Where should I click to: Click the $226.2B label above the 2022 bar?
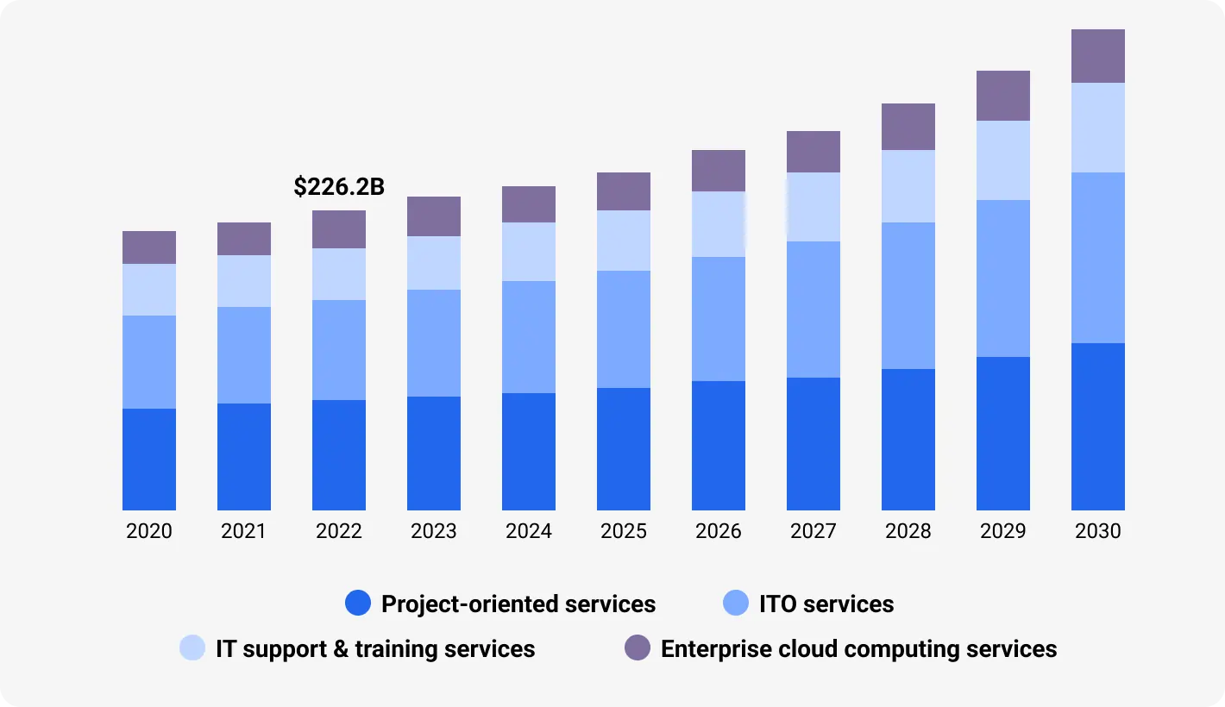coord(339,187)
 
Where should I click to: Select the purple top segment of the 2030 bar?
coord(1098,56)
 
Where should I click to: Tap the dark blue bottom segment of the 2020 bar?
coord(149,460)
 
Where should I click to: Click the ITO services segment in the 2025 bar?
coord(624,329)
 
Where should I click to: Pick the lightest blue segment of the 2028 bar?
coord(908,186)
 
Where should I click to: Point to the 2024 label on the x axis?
coord(529,531)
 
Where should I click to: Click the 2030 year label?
coord(1098,531)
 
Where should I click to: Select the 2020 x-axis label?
coord(149,531)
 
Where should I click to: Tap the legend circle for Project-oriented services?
coord(358,604)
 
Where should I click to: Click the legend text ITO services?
coord(826,604)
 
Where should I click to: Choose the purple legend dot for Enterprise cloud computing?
coord(638,648)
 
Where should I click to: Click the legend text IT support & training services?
coord(375,648)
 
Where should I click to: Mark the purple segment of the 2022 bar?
coord(339,229)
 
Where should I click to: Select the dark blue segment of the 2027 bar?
coord(814,444)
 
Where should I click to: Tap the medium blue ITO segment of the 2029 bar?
coord(1003,278)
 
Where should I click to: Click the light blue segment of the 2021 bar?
coord(244,281)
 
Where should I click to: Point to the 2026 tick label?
coord(719,531)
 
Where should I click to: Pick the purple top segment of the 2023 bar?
coord(434,216)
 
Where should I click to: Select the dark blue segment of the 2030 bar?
coord(1098,427)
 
